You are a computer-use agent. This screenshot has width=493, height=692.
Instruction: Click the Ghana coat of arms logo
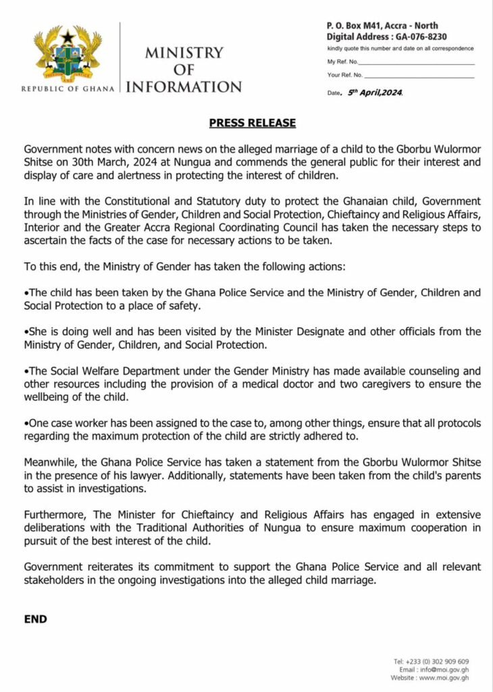click(x=68, y=55)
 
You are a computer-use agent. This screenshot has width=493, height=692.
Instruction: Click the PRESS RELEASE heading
click(x=252, y=123)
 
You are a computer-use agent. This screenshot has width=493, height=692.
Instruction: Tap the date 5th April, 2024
click(x=375, y=92)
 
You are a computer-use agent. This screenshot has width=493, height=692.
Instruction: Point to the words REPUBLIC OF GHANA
click(x=68, y=89)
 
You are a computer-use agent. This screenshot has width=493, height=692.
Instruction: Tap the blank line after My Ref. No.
click(x=419, y=63)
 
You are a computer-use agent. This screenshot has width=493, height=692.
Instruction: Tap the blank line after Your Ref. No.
click(x=420, y=75)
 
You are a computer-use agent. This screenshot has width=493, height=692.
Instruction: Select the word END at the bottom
click(x=36, y=618)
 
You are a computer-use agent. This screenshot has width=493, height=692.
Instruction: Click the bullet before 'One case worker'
click(x=26, y=423)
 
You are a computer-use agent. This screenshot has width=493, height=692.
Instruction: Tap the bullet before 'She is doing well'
click(x=26, y=332)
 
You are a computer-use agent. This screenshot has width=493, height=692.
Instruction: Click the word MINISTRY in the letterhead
click(x=184, y=53)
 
